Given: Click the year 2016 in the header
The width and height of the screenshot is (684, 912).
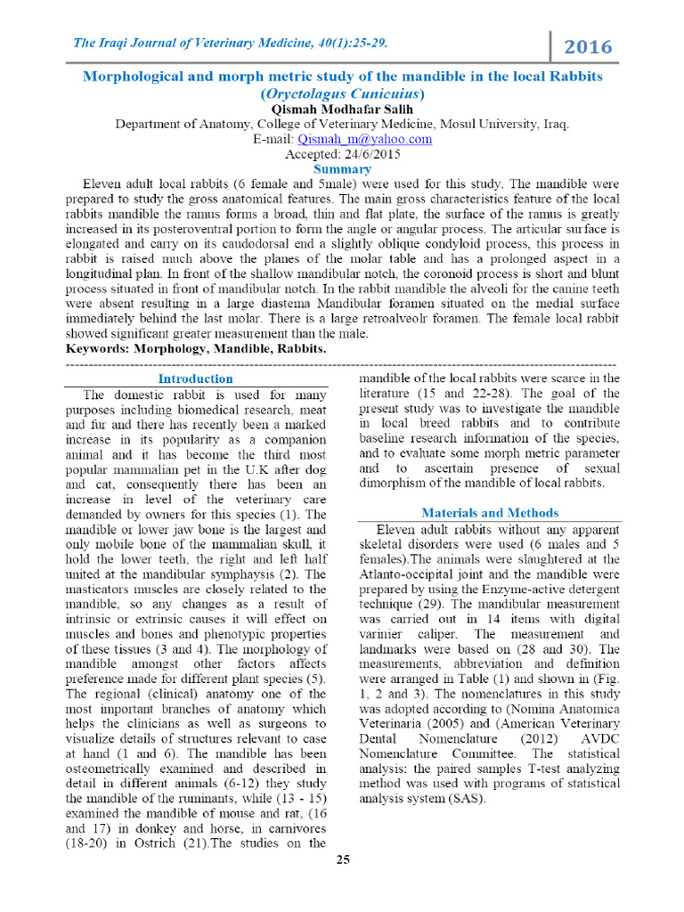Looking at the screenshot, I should [589, 46].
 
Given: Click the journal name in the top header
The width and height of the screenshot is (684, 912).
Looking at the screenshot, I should [224, 43].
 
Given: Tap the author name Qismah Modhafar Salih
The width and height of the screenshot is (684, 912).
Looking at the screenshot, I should [342, 109].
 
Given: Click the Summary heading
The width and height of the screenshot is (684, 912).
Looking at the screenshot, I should [342, 168].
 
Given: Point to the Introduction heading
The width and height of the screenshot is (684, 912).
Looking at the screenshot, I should [195, 379].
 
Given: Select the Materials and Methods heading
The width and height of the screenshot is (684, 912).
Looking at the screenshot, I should [490, 512].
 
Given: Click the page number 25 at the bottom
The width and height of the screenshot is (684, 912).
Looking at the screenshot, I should [342, 859].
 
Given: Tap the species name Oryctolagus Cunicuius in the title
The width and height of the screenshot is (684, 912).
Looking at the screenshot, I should [342, 93].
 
